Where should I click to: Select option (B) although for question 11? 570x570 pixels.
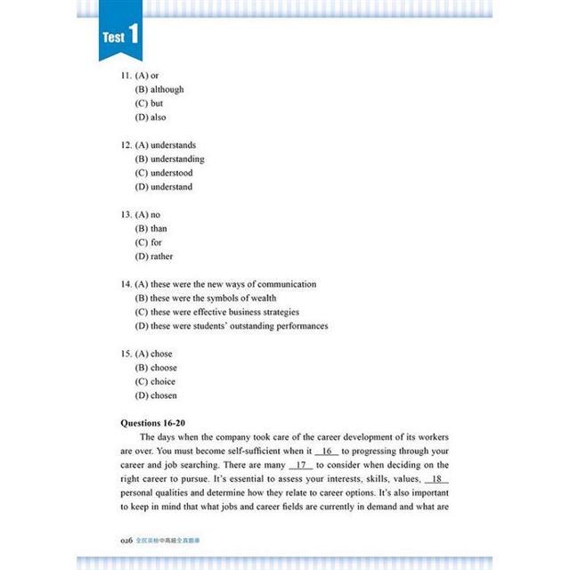coord(159,90)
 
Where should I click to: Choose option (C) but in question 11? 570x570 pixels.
coord(149,103)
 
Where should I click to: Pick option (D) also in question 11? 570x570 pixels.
coord(151,118)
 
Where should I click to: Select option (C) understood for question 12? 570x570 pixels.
coord(164,173)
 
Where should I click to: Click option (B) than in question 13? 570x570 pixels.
coord(151,229)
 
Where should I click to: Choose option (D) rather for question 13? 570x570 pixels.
coord(154,256)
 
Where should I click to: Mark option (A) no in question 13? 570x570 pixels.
coord(147,215)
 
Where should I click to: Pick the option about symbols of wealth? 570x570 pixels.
coord(206,298)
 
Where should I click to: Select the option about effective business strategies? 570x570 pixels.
coord(216,312)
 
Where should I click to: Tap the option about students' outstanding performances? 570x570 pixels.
coord(232,326)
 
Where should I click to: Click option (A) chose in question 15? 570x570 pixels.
coord(153,354)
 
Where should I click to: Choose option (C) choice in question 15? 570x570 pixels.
coord(156,382)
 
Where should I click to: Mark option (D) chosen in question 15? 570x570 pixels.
coord(156,395)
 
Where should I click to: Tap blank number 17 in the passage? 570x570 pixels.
coord(301,466)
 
